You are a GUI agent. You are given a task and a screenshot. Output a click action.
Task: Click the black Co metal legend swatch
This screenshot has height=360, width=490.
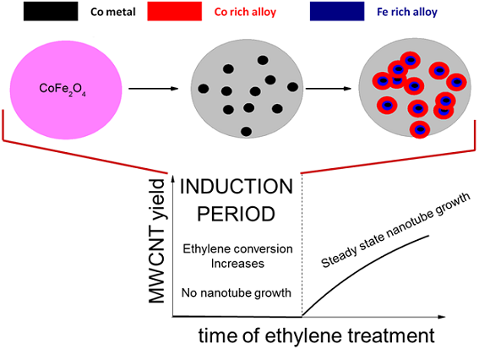pos(51,12)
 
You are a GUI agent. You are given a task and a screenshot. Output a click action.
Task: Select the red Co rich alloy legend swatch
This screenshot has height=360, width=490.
pos(175,12)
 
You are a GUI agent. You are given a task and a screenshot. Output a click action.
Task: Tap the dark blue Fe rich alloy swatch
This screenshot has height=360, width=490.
pos(337,12)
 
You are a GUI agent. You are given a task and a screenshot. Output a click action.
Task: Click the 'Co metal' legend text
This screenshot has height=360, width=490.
pos(113,12)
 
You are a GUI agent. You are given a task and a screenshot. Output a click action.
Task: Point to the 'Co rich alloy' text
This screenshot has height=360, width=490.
pos(245,12)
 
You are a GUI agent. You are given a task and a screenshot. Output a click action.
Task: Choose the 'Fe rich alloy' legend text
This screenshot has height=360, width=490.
pos(407,12)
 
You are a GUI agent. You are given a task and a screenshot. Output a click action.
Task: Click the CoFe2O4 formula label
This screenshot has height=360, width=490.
pos(63,89)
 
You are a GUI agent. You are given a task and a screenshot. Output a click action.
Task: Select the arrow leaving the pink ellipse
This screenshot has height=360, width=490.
pos(154,89)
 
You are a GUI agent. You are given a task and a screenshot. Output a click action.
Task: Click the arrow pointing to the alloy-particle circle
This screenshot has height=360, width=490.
pos(329,89)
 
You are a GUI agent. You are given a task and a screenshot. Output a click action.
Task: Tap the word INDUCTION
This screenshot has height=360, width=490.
pos(237,187)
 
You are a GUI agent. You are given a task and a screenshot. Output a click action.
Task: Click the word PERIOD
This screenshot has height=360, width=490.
pos(237,214)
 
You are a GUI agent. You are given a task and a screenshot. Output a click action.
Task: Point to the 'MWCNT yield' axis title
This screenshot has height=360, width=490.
pos(156,241)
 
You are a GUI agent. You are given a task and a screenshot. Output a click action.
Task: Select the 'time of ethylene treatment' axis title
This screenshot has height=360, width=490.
pos(316,336)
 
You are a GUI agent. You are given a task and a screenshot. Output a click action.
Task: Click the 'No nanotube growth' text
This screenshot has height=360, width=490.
pos(237,292)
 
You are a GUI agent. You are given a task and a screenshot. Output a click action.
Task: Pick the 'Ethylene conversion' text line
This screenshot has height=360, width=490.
pos(237,248)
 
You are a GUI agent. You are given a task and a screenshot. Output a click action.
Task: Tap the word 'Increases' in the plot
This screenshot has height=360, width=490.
pos(237,264)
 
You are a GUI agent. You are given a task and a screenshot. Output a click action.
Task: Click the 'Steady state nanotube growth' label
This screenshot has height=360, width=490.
pos(395,230)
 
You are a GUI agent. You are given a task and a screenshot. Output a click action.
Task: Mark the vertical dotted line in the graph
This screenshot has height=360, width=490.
pos(302,245)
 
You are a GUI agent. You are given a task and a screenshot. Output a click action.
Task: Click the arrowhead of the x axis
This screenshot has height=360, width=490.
pos(441,317)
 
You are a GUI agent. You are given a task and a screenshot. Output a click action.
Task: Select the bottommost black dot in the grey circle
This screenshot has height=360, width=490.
pos(246,131)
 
